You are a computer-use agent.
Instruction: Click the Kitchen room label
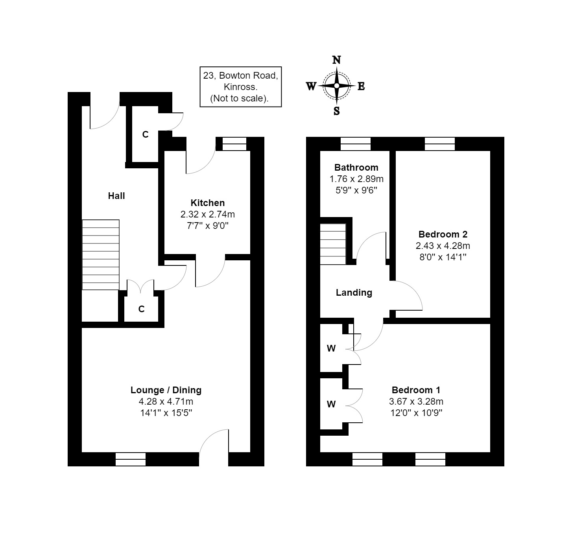pyautogui.click(x=207, y=203)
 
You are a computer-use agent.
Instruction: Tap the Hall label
pyautogui.click(x=116, y=196)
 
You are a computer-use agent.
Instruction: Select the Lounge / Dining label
pyautogui.click(x=166, y=390)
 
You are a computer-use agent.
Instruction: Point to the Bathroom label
pyautogui.click(x=356, y=168)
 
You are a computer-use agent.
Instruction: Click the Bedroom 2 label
pyautogui.click(x=443, y=234)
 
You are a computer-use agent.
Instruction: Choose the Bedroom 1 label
pyautogui.click(x=416, y=390)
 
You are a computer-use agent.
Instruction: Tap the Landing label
pyautogui.click(x=354, y=293)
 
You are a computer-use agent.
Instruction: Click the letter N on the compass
pyautogui.click(x=337, y=60)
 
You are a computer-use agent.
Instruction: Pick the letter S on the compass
pyautogui.click(x=337, y=111)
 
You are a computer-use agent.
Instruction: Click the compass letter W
pyautogui.click(x=311, y=87)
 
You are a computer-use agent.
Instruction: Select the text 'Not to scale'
pyautogui.click(x=240, y=98)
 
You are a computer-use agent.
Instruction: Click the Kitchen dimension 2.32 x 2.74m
pyautogui.click(x=207, y=215)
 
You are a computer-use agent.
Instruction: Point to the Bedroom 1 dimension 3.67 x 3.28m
pyautogui.click(x=416, y=401)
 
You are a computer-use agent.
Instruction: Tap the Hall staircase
pyautogui.click(x=101, y=255)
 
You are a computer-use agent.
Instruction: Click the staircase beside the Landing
pyautogui.click(x=333, y=244)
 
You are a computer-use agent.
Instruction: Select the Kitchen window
pyautogui.click(x=234, y=144)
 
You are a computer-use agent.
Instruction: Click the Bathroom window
pyautogui.click(x=356, y=144)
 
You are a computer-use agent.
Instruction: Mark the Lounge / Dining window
pyautogui.click(x=131, y=459)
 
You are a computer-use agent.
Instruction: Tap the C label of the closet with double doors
pyautogui.click(x=142, y=309)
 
